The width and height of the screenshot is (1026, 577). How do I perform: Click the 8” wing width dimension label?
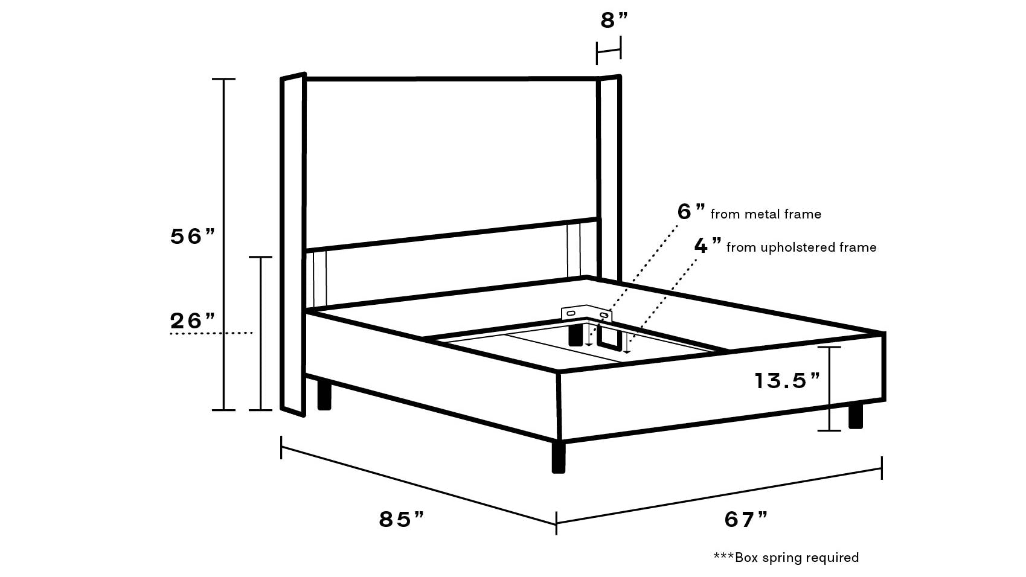click(x=614, y=21)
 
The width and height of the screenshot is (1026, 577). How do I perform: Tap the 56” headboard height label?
click(x=193, y=236)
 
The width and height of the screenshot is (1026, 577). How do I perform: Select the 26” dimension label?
click(x=193, y=320)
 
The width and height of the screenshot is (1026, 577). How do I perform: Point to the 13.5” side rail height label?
click(x=787, y=380)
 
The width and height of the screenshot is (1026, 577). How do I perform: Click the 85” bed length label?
click(x=402, y=519)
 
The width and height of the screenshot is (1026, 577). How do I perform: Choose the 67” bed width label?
click(x=746, y=519)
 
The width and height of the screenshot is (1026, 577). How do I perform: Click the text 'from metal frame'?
click(x=766, y=214)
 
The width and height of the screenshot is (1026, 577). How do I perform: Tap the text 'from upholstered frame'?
click(x=801, y=247)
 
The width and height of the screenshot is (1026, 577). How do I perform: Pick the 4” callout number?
click(x=708, y=245)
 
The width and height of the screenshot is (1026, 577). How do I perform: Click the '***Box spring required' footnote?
click(x=786, y=558)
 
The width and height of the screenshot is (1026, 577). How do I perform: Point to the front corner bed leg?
click(x=559, y=457)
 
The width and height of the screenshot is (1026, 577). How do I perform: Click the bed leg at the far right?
click(x=856, y=415)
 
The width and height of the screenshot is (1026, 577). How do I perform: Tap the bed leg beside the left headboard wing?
click(x=324, y=394)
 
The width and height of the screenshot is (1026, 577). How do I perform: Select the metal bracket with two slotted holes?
click(x=586, y=314)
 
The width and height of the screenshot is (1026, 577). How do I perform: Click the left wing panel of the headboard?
click(x=293, y=244)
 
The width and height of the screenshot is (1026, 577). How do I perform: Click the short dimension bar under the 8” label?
click(x=609, y=51)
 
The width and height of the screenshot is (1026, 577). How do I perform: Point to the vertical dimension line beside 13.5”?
click(x=830, y=389)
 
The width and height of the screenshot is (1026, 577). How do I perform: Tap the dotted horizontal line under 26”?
click(x=211, y=333)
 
